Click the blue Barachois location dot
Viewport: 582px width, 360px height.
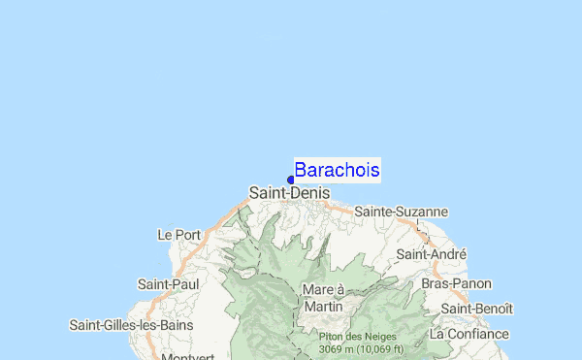[291, 180]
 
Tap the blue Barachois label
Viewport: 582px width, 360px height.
[337, 170]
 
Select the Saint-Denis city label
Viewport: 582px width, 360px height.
[289, 193]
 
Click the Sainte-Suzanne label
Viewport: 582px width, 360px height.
[401, 211]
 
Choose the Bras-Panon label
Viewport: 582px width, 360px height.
[456, 283]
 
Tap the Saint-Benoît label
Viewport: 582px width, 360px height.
[476, 308]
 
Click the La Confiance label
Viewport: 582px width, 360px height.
[469, 333]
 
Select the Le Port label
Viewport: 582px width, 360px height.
[178, 234]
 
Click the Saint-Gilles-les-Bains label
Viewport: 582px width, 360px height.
[132, 324]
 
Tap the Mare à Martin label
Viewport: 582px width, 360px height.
[323, 298]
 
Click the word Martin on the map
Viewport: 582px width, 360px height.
[323, 307]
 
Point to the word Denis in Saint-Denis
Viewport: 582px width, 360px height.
[309, 193]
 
